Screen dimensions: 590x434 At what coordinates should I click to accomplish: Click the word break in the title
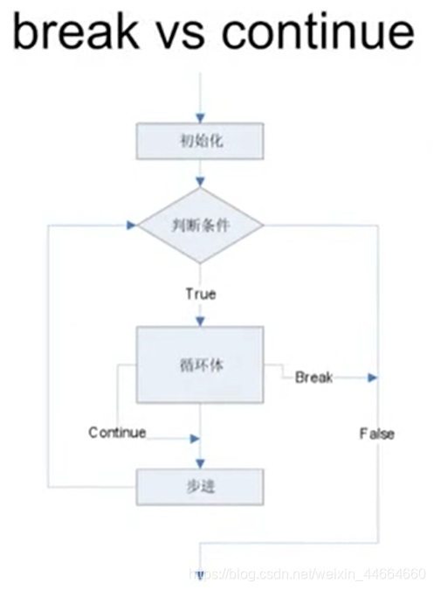[x=75, y=33]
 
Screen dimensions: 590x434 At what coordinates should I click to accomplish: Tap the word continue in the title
[x=317, y=33]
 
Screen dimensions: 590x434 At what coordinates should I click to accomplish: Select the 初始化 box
[x=200, y=141]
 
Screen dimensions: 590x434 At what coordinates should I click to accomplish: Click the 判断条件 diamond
[x=201, y=226]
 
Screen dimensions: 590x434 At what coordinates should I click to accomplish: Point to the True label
[x=200, y=294]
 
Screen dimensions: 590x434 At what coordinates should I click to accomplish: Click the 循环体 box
[x=200, y=364]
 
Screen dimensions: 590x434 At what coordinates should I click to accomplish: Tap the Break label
[x=314, y=378]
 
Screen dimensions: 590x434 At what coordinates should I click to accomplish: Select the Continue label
[x=117, y=433]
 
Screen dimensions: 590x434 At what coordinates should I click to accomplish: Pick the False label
[x=376, y=434]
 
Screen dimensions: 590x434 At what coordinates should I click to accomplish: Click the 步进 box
[x=200, y=486]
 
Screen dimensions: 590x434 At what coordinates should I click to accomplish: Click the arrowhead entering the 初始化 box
[x=200, y=117]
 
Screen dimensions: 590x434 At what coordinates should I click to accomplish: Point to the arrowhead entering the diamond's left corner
[x=132, y=226]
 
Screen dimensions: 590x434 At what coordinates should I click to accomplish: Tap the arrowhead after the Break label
[x=372, y=378]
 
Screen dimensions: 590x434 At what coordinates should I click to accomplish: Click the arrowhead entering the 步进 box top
[x=200, y=462]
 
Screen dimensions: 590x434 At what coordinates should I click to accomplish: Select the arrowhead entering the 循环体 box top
[x=200, y=321]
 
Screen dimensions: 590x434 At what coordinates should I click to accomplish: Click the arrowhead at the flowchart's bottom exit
[x=200, y=574]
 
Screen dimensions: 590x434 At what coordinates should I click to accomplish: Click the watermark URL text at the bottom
[x=306, y=574]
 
